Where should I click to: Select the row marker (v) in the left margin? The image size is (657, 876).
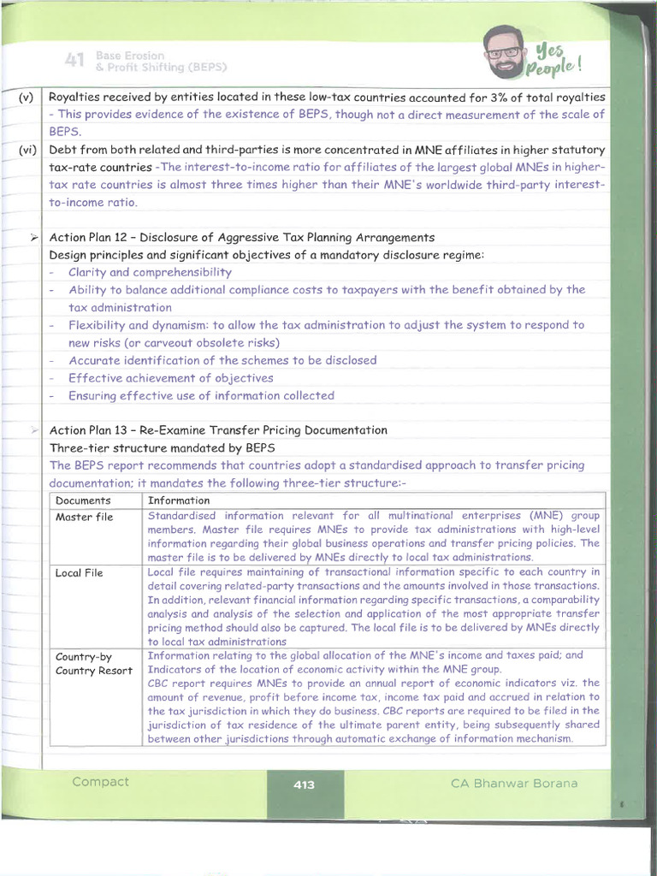pos(25,98)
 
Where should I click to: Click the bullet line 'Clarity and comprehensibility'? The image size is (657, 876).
pos(150,272)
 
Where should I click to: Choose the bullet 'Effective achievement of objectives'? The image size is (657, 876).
pos(170,378)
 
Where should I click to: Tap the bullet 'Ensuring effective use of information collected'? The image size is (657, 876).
pos(201,395)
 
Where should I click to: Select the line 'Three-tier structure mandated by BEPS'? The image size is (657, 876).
pos(163,447)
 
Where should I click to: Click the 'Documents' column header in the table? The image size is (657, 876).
pos(83,500)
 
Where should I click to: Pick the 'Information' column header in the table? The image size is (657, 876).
pos(179,500)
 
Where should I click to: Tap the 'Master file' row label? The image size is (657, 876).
pos(84,517)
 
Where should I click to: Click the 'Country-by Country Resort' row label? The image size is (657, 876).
pos(93,663)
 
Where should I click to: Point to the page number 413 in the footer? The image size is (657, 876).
pos(304,784)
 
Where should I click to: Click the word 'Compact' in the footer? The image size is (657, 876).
pos(101,782)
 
